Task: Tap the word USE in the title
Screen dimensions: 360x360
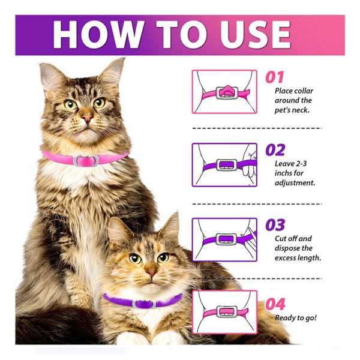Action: (x=256, y=34)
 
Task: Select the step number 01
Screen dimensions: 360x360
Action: (x=275, y=77)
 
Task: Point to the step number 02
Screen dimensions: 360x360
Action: (x=275, y=150)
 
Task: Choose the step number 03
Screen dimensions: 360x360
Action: (x=275, y=225)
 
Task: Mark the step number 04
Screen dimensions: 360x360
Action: (x=275, y=304)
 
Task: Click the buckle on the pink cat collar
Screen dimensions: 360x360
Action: (x=86, y=161)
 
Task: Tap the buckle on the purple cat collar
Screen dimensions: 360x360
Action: (x=144, y=304)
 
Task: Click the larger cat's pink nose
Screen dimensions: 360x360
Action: (x=88, y=118)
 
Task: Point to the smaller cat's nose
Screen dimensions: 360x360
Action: (x=152, y=273)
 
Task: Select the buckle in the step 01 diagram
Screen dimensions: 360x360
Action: (x=227, y=92)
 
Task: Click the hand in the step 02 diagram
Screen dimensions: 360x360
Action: (x=250, y=165)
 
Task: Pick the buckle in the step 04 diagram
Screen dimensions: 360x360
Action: (x=227, y=312)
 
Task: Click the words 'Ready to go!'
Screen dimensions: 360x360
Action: (x=296, y=318)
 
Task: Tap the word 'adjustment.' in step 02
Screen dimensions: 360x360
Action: (x=295, y=183)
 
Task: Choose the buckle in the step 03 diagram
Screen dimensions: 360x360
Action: (x=226, y=239)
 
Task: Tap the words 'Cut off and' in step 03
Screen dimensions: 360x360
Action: (x=293, y=239)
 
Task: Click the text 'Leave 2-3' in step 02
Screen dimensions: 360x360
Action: (x=290, y=164)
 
